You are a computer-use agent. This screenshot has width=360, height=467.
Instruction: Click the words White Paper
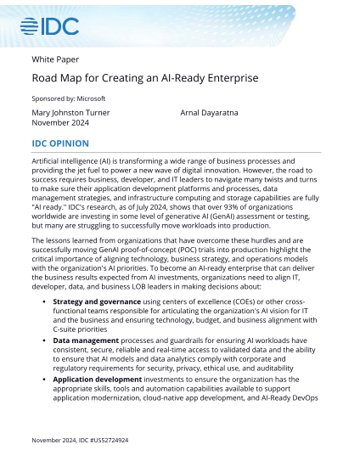click(55, 60)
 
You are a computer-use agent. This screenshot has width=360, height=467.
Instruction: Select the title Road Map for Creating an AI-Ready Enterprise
click(144, 78)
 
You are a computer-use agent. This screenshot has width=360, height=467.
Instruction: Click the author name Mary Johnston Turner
click(70, 112)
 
